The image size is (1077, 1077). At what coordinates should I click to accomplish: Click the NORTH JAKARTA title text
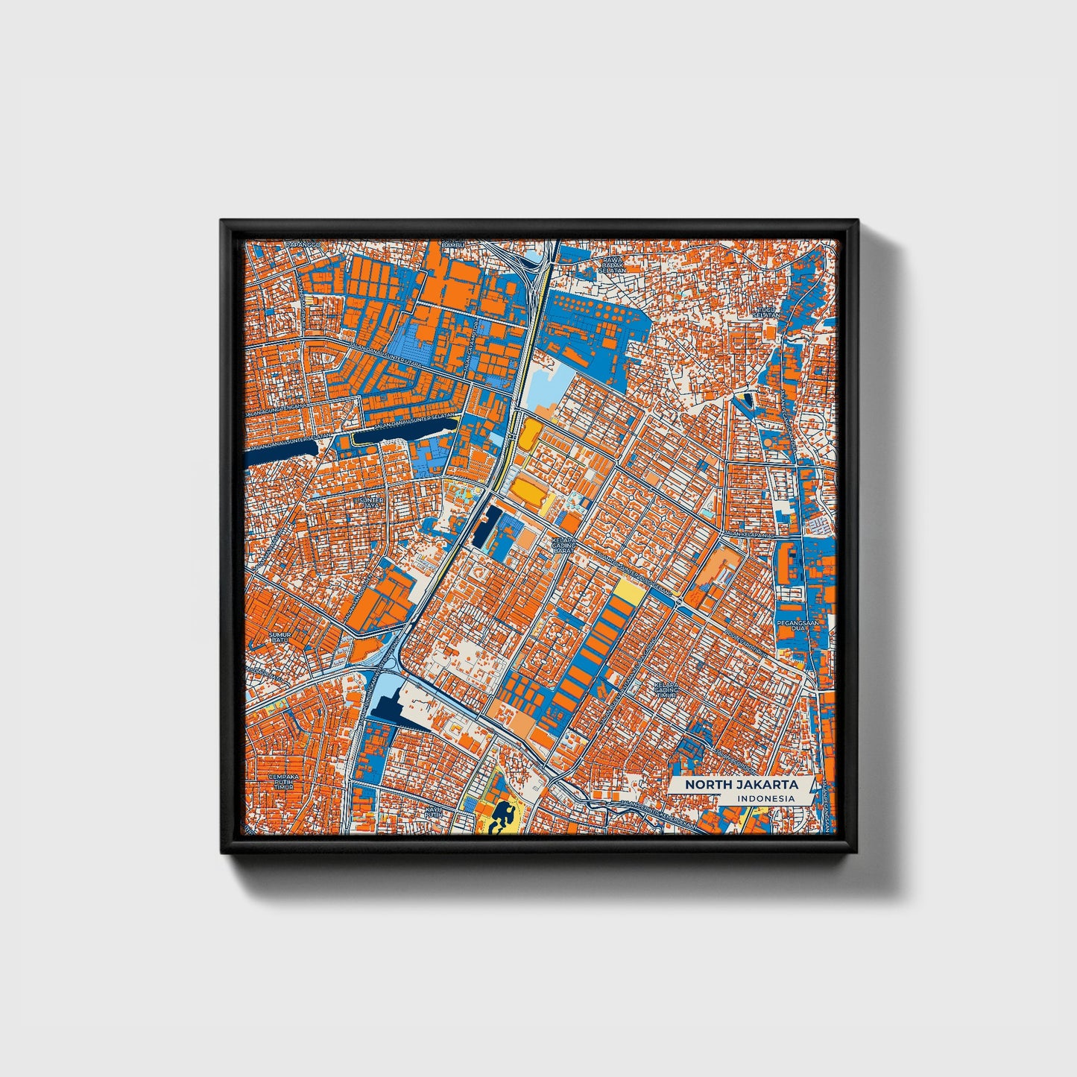click(742, 785)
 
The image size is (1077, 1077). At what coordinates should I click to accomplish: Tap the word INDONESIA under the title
click(764, 798)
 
